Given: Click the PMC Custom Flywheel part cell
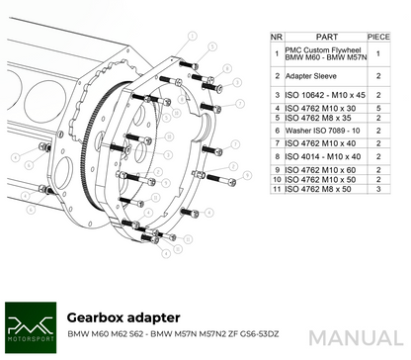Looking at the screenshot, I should click(x=318, y=54).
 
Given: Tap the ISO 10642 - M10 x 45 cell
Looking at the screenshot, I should click(x=325, y=94).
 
